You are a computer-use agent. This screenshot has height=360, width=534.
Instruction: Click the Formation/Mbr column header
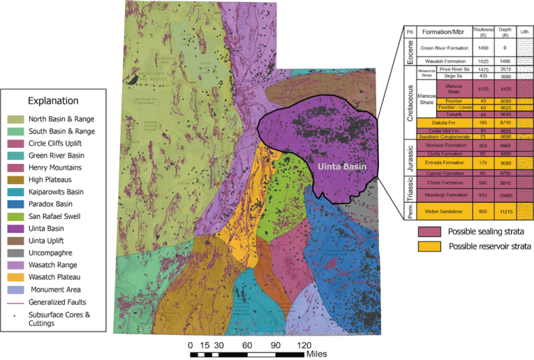(442, 32)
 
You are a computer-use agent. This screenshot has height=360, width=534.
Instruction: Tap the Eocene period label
(410, 53)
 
